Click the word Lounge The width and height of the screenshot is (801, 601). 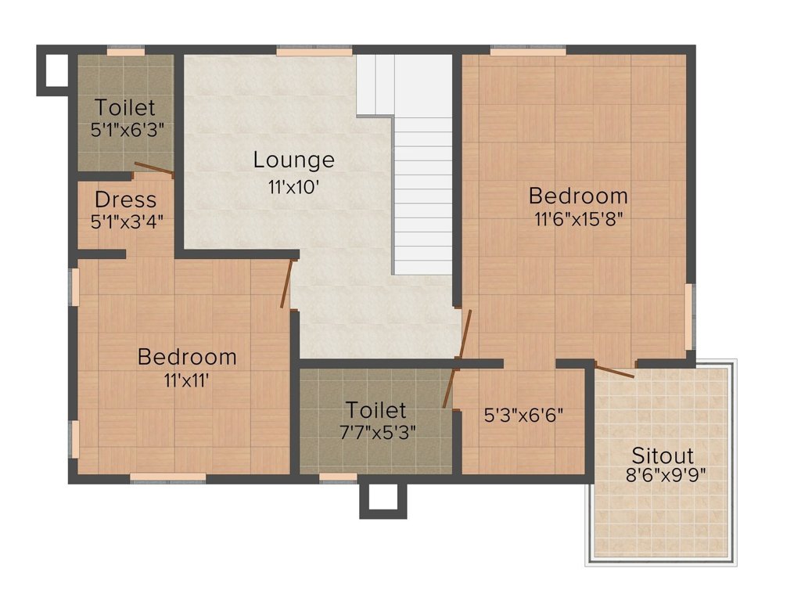pos(293,160)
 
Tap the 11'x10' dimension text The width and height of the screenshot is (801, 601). pos(293,189)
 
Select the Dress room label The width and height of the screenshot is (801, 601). pos(125,200)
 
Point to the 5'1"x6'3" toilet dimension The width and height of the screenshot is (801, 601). pos(127,130)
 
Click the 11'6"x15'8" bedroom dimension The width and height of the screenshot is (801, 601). pos(578,220)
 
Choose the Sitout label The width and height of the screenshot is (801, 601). pos(663,455)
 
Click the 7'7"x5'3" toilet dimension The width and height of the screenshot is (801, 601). pos(376,431)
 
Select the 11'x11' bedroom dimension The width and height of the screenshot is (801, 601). pos(186,381)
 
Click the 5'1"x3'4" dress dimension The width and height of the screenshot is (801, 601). pos(127,221)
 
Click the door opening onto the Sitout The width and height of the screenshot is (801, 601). pos(614,371)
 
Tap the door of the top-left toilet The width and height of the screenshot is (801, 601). pos(153,168)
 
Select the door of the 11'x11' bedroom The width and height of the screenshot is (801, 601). pos(287,283)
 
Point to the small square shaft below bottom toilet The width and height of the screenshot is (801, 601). pos(383,498)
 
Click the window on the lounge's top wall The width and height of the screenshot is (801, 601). pos(314,52)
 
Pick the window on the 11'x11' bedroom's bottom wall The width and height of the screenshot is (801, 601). pos(168,477)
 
